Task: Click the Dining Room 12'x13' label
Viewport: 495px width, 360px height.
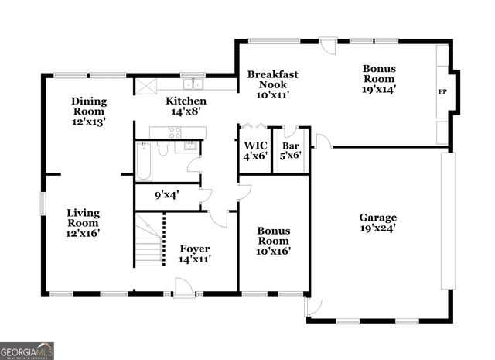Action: pos(88,111)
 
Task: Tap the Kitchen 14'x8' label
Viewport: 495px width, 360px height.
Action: pos(186,106)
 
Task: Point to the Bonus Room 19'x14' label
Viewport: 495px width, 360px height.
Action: pos(379,78)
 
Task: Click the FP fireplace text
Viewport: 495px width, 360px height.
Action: pos(442,92)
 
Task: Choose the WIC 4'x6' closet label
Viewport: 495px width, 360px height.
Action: pos(254,150)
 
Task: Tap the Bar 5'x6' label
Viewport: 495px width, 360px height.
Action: pos(291,150)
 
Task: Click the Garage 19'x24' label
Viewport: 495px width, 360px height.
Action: pos(377,223)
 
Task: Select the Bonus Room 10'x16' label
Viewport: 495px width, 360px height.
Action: pos(274,240)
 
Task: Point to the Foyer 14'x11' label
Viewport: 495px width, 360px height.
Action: pos(195,253)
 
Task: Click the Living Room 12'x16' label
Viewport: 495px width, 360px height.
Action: pos(83,222)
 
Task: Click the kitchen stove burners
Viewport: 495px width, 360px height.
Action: pos(175,132)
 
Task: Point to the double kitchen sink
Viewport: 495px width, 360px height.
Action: pos(193,84)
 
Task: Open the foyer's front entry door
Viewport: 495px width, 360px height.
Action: pos(184,288)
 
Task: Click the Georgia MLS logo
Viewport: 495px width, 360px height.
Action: pos(27,351)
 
